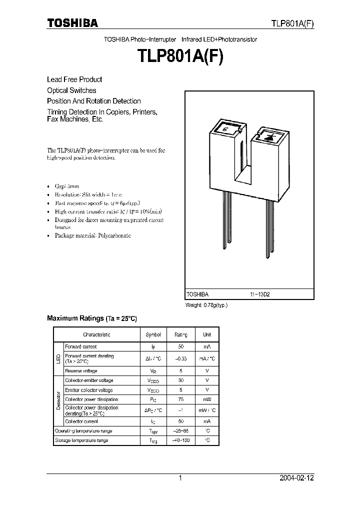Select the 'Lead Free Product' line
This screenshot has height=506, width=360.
click(x=74, y=79)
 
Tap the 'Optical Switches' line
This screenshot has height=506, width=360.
click(x=71, y=90)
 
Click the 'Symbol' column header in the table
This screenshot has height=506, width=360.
click(x=153, y=334)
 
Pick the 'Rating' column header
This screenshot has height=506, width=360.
click(x=181, y=334)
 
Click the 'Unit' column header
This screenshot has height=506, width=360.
click(x=207, y=334)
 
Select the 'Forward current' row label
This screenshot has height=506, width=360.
click(x=81, y=346)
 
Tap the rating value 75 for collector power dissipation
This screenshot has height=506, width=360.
click(x=181, y=399)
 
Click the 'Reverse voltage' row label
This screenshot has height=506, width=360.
click(x=81, y=371)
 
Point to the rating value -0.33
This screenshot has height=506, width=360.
click(x=181, y=358)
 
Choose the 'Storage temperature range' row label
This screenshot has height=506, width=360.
click(x=81, y=440)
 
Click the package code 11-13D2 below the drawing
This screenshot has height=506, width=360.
click(x=260, y=294)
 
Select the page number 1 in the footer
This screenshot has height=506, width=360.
click(x=180, y=478)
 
